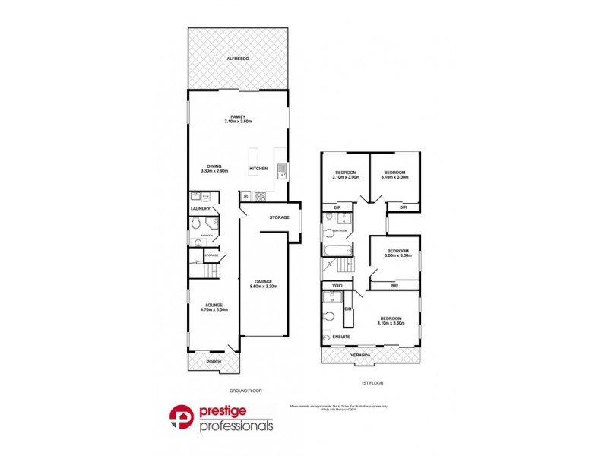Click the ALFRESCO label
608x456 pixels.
click(x=239, y=59)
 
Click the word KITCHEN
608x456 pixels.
click(x=258, y=168)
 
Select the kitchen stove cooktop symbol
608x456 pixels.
click(x=260, y=197)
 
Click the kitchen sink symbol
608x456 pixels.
click(x=282, y=171)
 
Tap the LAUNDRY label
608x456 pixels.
click(x=201, y=209)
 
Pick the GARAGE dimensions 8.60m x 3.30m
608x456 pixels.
click(x=264, y=287)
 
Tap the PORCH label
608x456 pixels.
click(x=214, y=361)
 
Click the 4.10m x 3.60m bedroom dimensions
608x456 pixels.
click(x=391, y=323)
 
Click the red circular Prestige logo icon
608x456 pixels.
click(x=182, y=418)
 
